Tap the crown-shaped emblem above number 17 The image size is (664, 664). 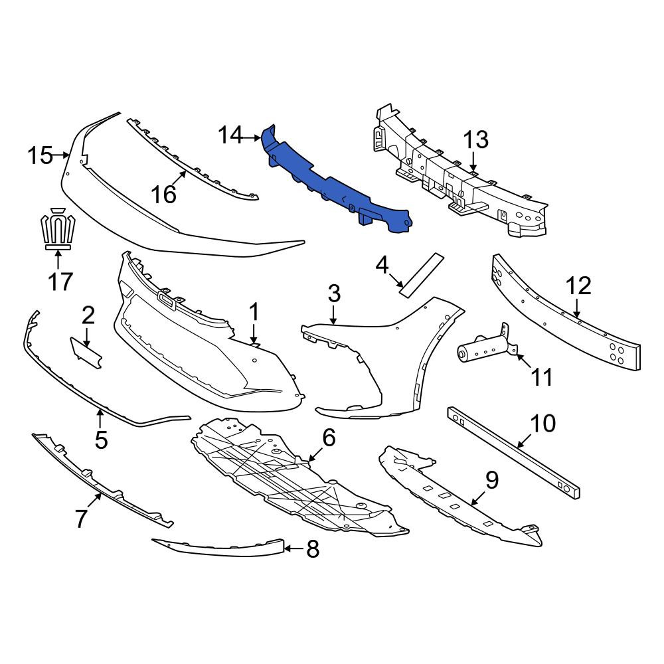click(x=58, y=228)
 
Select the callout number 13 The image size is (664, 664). click(x=476, y=139)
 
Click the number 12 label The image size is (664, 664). click(x=578, y=286)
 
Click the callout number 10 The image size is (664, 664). click(x=543, y=423)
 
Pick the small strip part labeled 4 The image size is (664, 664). click(x=422, y=276)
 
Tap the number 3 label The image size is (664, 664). click(x=334, y=293)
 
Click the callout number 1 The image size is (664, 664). click(x=254, y=312)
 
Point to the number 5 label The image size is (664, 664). click(x=101, y=440)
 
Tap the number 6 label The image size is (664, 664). click(x=329, y=437)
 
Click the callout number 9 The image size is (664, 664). click(x=492, y=480)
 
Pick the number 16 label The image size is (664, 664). click(x=163, y=195)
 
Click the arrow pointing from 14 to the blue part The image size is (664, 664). click(x=252, y=137)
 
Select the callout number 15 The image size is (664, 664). click(x=41, y=155)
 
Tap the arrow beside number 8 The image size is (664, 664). click(x=294, y=549)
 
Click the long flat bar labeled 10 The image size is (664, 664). click(x=514, y=452)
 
